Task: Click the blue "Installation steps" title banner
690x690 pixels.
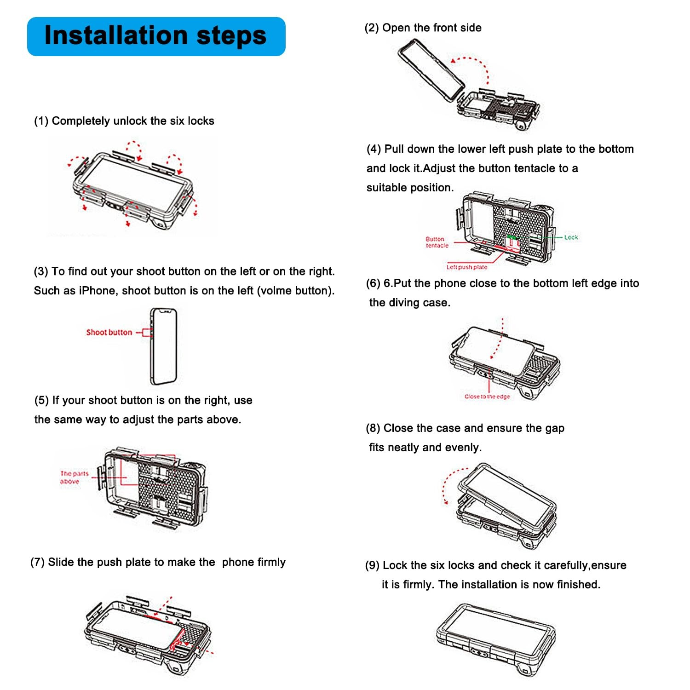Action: (156, 36)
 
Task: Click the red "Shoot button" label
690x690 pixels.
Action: (109, 332)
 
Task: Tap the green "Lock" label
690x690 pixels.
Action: (571, 237)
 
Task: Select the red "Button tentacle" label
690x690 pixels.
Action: (437, 242)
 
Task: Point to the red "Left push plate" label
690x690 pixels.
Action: (466, 267)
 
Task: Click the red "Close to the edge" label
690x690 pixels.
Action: (487, 397)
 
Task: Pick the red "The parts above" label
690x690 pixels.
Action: (73, 477)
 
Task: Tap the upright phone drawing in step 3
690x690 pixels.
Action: (164, 346)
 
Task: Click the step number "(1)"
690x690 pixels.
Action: (41, 121)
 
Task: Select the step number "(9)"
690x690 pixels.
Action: (372, 565)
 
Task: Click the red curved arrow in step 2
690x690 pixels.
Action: (471, 69)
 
